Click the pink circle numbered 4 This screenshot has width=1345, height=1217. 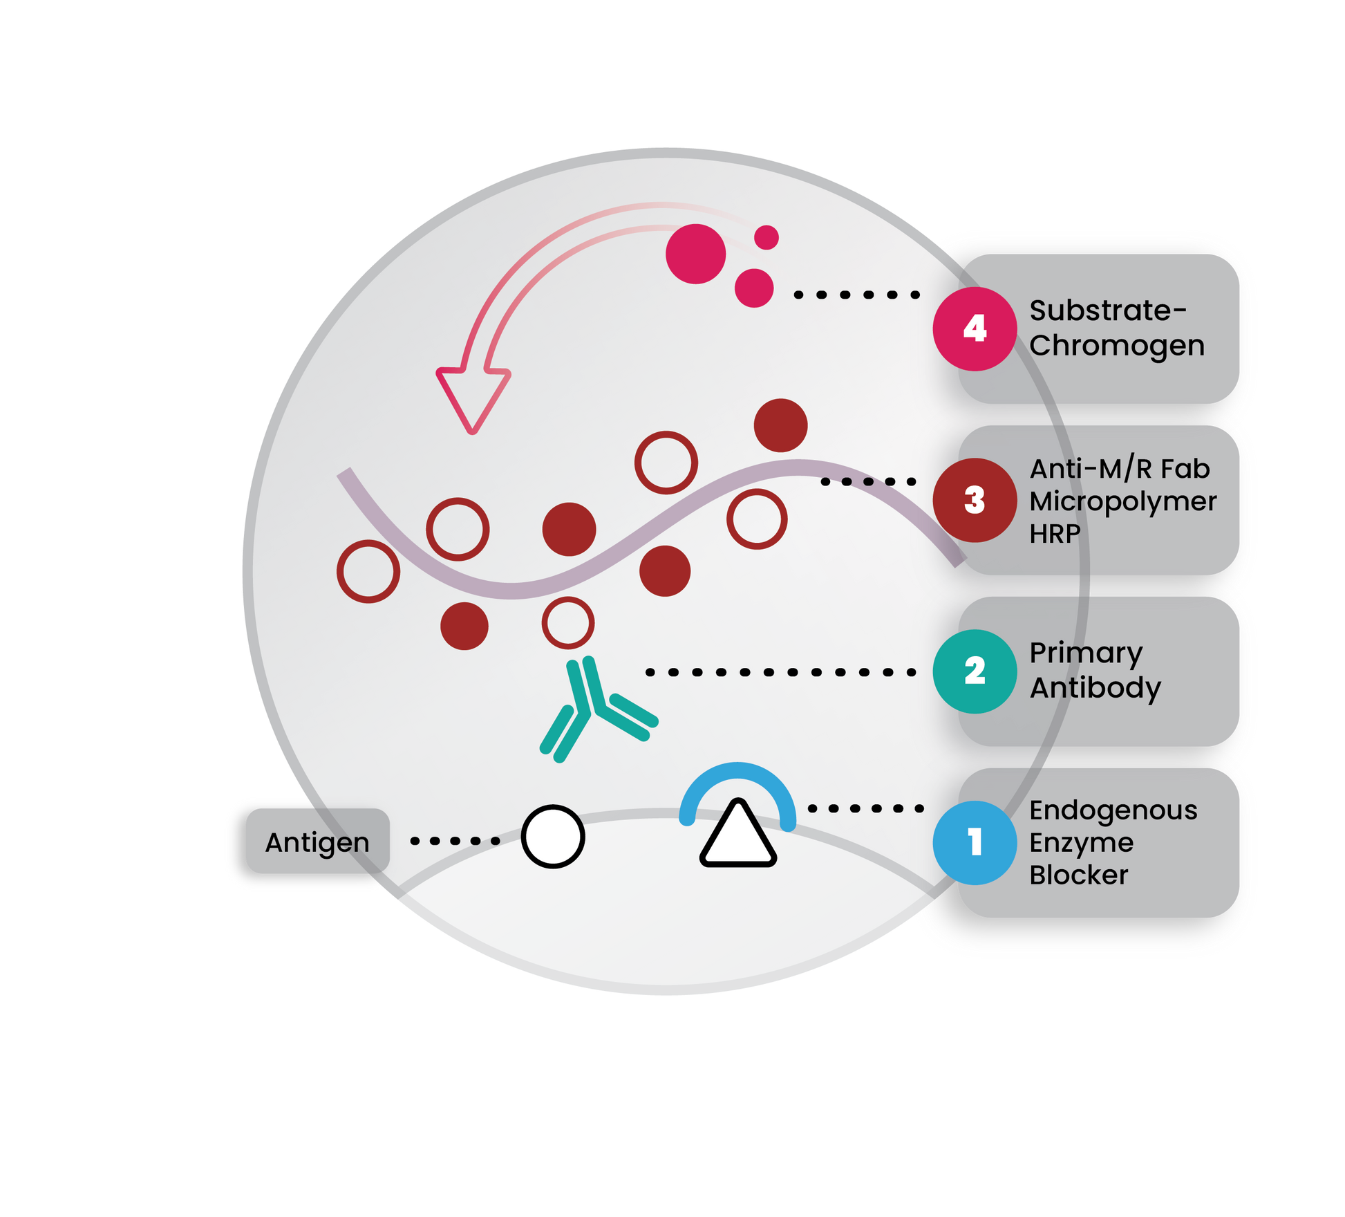point(975,329)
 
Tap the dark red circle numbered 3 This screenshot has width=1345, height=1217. point(975,500)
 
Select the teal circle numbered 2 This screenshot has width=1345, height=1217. point(975,671)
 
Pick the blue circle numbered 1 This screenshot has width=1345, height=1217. point(975,843)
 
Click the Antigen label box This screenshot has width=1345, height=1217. point(318,841)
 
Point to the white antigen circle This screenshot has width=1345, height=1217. point(553,836)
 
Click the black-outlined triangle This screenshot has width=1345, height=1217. point(738,833)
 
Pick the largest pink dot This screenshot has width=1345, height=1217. point(696,254)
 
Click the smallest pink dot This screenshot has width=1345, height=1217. point(766,237)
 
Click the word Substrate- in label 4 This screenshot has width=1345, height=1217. point(1108,310)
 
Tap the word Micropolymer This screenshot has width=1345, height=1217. point(1123,502)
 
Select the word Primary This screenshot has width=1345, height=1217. point(1086,654)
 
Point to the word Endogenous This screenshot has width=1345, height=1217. point(1113,811)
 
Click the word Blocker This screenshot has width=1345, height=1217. point(1078,875)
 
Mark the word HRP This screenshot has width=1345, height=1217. point(1055,534)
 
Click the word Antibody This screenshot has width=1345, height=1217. point(1095,689)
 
